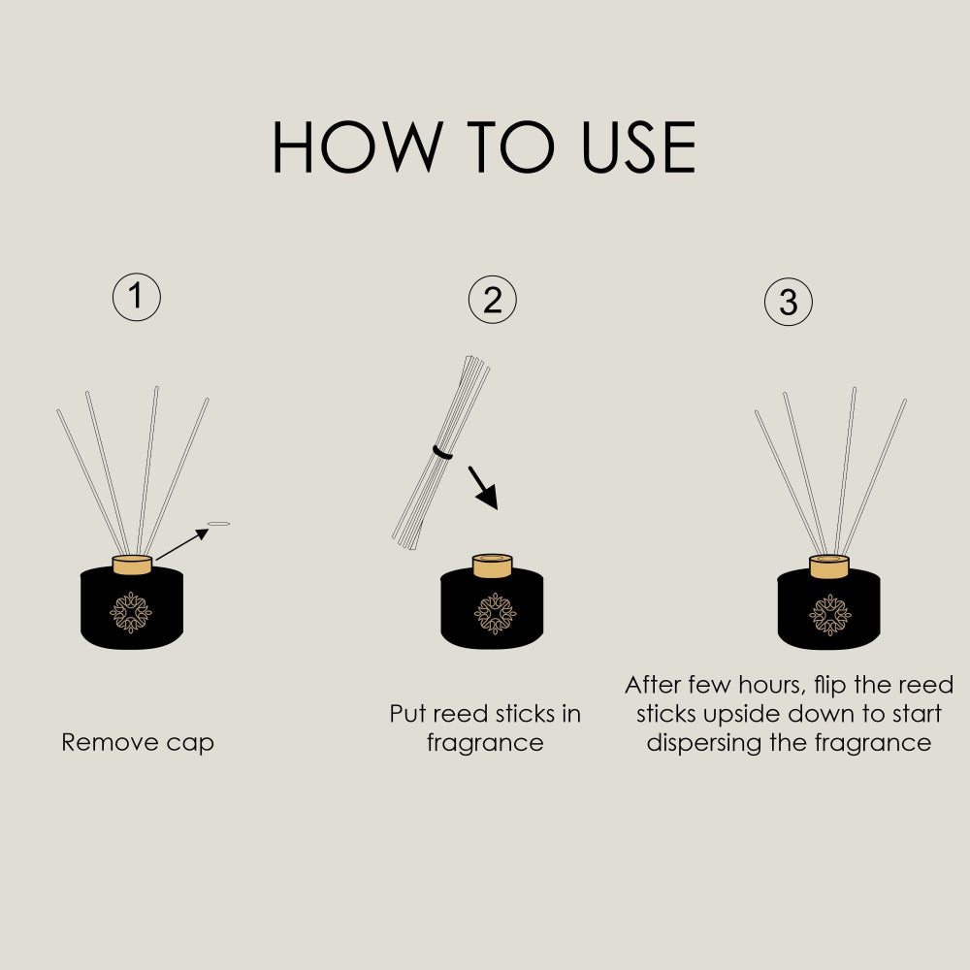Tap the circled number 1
click(137, 298)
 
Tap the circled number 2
click(492, 300)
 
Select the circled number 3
click(788, 303)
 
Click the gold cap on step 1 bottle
click(132, 565)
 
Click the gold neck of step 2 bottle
click(492, 565)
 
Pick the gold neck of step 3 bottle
click(829, 566)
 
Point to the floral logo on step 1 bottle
click(131, 613)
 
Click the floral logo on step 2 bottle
click(495, 613)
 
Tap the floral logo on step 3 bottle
click(830, 615)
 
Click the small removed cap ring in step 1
click(219, 524)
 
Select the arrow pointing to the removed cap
click(181, 543)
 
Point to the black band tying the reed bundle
click(443, 453)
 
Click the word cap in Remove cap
click(189, 744)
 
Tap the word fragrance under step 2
click(485, 744)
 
